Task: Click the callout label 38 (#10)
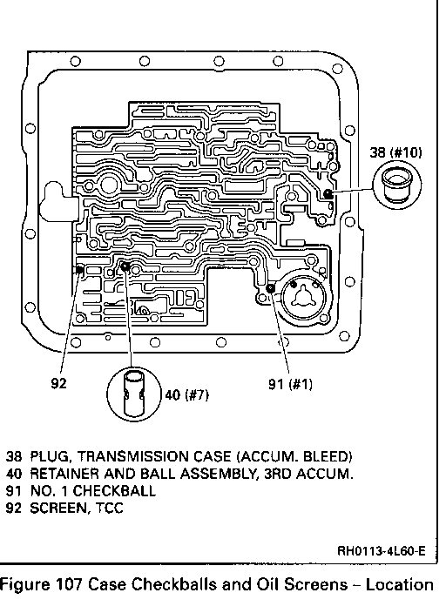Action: pos(396,152)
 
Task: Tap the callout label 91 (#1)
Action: pos(290,384)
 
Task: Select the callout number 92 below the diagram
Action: pos(58,383)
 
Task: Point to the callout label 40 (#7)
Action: pos(187,395)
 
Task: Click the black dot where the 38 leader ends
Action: pos(328,193)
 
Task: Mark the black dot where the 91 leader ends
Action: pos(270,288)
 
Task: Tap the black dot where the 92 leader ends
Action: pos(79,269)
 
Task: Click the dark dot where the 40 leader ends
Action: pos(125,267)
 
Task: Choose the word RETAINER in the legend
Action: pos(64,474)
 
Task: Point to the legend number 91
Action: pos(14,490)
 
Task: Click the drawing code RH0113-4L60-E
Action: pos(381,551)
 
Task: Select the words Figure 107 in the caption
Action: pos(40,585)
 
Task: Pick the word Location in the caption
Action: pos(400,585)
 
